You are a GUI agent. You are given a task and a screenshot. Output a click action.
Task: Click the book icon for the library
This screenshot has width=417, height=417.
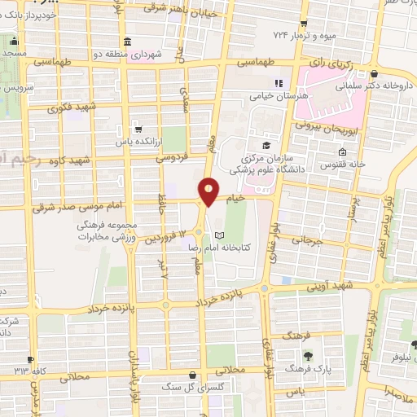click(x=217, y=235)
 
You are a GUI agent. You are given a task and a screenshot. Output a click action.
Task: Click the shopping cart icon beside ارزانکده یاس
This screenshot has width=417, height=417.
click(x=138, y=128)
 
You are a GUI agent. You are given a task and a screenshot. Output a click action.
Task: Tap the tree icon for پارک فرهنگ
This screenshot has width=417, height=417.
click(x=308, y=355)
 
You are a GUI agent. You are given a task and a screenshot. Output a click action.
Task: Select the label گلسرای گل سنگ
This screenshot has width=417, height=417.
click(x=182, y=388)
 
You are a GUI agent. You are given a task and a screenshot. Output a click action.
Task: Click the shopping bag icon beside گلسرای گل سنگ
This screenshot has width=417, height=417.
click(x=191, y=375)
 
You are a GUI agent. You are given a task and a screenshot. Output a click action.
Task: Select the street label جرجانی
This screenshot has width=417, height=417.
click(x=313, y=240)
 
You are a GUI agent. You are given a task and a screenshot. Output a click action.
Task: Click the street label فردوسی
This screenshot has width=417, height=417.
click(x=173, y=156)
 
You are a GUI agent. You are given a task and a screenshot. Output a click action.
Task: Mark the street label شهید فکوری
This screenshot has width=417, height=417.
click(x=72, y=107)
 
